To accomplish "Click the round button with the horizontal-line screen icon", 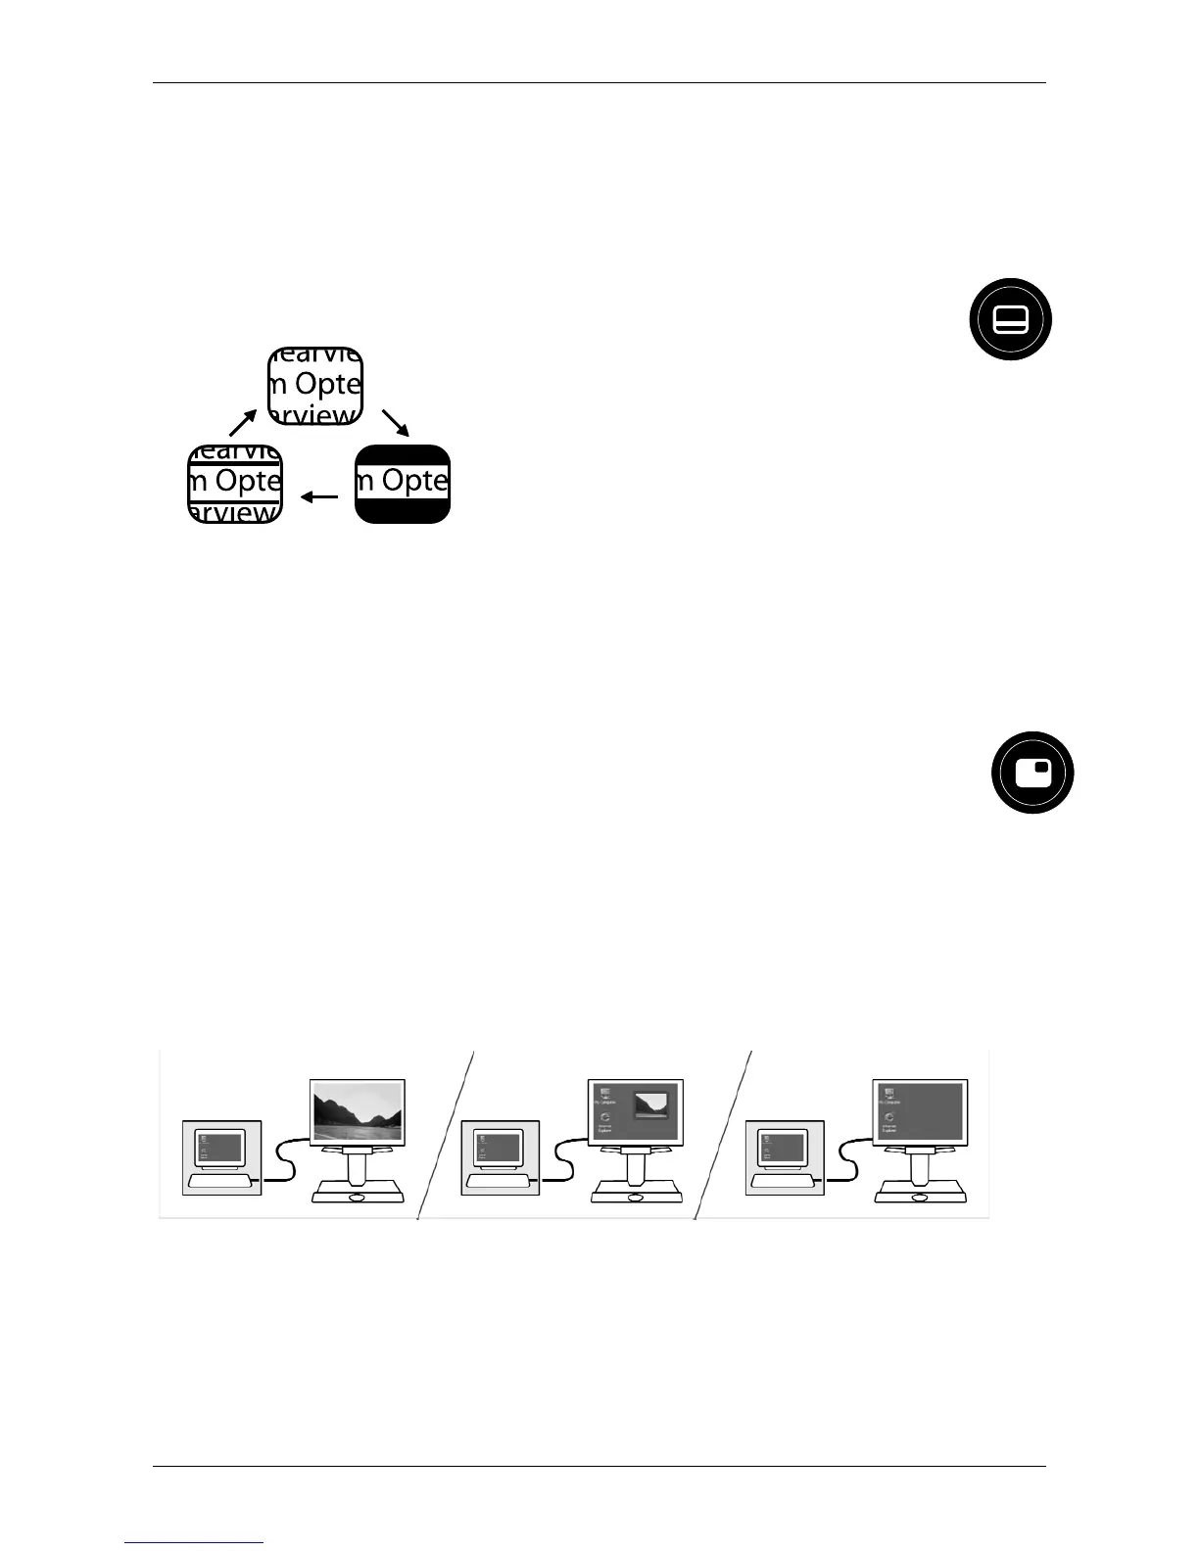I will (x=1010, y=319).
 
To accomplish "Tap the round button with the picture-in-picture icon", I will (x=1032, y=773).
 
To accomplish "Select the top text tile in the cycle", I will (x=315, y=386).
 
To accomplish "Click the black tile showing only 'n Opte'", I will (x=403, y=484).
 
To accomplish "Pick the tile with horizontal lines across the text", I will (x=235, y=484).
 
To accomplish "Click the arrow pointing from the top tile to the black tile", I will (x=396, y=422).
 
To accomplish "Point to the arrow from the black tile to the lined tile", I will (x=318, y=497).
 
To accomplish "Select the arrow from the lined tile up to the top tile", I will (x=242, y=422).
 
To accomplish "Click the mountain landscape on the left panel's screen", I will (x=357, y=1112).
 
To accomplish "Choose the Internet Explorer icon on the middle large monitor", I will (x=605, y=1119).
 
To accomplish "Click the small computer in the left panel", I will (x=223, y=1156).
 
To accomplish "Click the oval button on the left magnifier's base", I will (x=358, y=1198).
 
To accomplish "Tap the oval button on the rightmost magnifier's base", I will (x=920, y=1198).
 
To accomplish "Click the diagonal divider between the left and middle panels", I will (x=446, y=1136).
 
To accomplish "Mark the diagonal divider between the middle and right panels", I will (x=723, y=1136).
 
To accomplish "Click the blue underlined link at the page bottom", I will (x=195, y=1542).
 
